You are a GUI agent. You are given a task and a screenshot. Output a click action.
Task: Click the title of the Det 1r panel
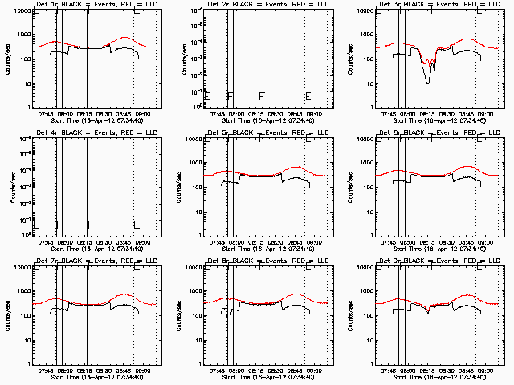[x=88, y=6]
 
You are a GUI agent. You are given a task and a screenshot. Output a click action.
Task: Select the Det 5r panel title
[x=259, y=134]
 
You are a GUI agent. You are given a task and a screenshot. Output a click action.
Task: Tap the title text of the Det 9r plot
[x=431, y=262]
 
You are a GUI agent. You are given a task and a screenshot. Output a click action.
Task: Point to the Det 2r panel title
[x=259, y=6]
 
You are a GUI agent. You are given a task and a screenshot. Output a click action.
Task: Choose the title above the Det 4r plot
[x=88, y=134]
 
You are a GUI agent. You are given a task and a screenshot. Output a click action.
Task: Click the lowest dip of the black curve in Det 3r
[x=428, y=83]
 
